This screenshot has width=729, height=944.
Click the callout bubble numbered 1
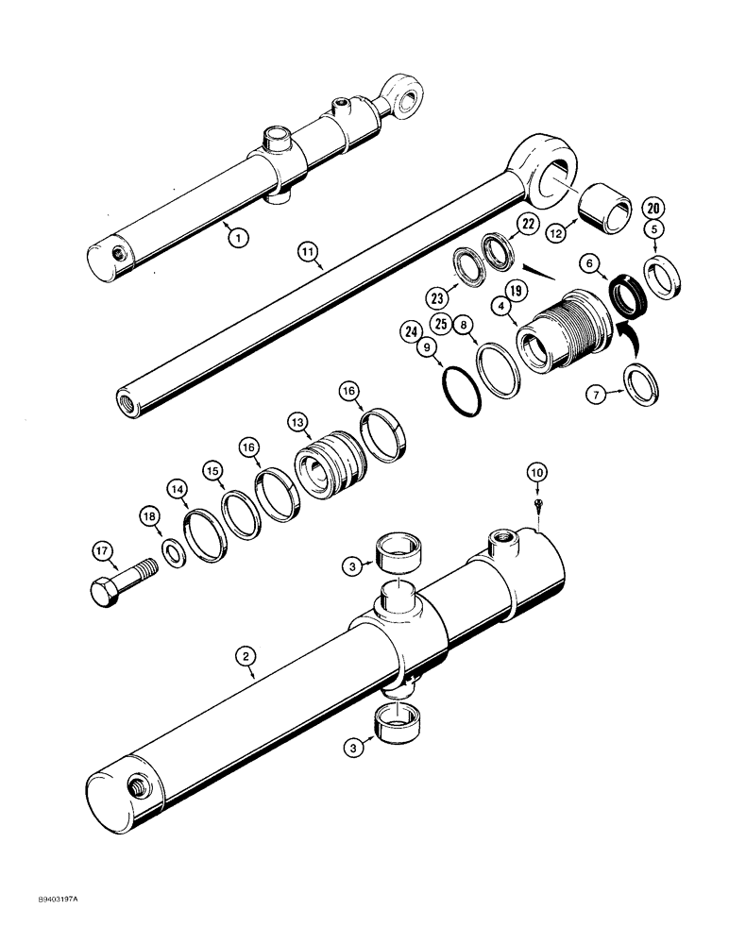point(238,239)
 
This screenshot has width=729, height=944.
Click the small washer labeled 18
point(173,551)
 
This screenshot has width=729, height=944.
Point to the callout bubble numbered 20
point(653,208)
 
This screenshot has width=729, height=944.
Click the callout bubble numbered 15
point(212,469)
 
